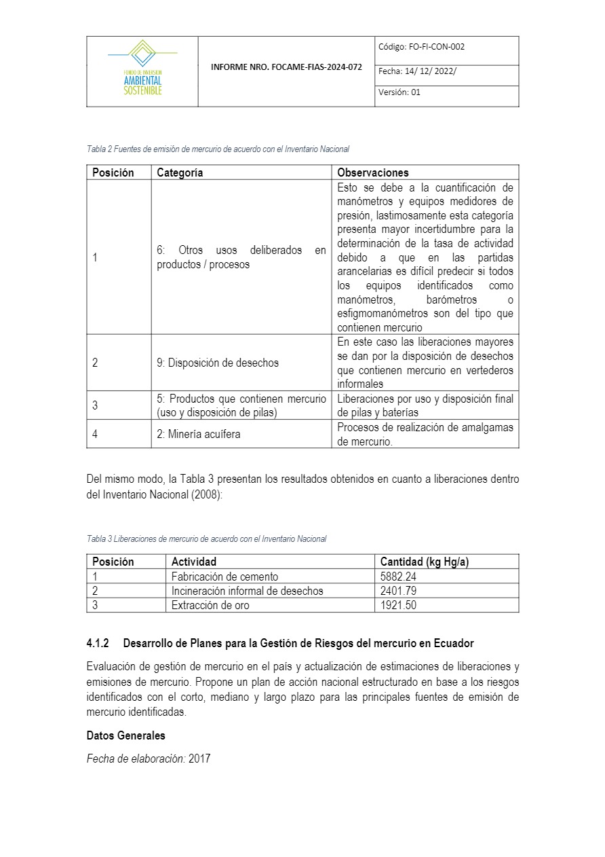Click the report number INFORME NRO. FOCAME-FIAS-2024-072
[286, 68]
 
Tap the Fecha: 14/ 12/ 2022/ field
[417, 71]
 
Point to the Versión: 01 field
[399, 92]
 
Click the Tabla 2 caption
[218, 149]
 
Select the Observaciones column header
[372, 172]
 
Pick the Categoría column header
[180, 172]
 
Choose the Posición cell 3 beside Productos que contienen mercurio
[95, 405]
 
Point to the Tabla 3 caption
[206, 539]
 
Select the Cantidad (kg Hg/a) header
[425, 562]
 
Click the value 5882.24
[398, 577]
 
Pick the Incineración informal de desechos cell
[247, 591]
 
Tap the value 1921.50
[398, 605]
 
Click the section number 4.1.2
[98, 642]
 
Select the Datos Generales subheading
[125, 735]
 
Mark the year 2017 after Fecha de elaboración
[199, 759]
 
